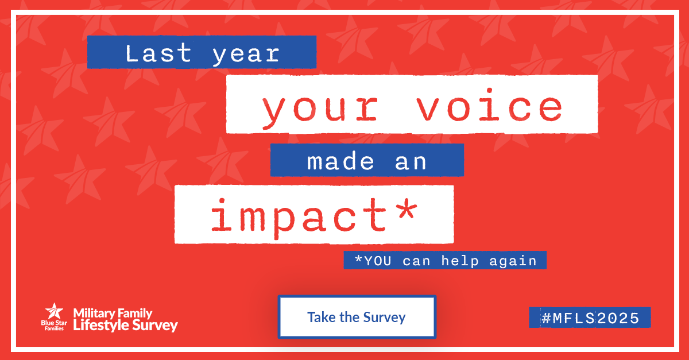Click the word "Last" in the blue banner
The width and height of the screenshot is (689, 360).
(x=158, y=53)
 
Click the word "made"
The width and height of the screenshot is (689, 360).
(x=340, y=160)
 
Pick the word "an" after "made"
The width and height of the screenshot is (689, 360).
(x=411, y=162)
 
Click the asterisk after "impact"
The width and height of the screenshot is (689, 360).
(x=407, y=209)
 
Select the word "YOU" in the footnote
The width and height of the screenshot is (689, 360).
(x=377, y=261)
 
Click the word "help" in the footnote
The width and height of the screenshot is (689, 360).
(x=460, y=261)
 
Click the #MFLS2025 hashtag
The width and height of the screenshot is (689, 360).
(x=590, y=318)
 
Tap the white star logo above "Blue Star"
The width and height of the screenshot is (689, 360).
(x=54, y=311)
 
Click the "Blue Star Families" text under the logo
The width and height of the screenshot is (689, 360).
(x=54, y=326)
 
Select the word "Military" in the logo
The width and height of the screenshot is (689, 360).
(x=94, y=313)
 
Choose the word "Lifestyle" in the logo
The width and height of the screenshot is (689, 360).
(x=100, y=326)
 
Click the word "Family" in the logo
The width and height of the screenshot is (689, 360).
(x=135, y=313)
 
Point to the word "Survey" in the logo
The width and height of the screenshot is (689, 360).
(x=154, y=326)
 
